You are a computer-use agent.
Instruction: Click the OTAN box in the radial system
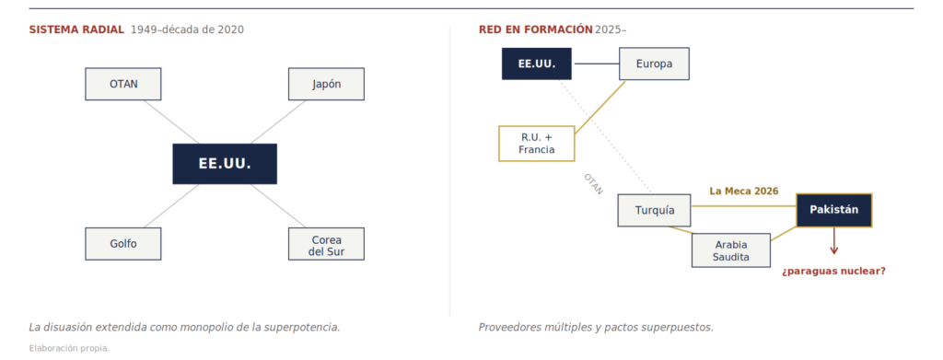click(x=123, y=84)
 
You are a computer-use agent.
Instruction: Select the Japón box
click(x=326, y=84)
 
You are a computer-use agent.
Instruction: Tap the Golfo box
click(x=123, y=243)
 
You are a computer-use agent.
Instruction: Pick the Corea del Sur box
click(x=326, y=243)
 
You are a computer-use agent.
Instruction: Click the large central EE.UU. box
click(x=225, y=164)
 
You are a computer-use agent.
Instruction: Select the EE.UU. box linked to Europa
click(x=537, y=64)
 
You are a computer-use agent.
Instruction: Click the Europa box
click(x=655, y=64)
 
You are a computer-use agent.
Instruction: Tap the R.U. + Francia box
click(x=537, y=144)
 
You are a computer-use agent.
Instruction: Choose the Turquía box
click(x=655, y=210)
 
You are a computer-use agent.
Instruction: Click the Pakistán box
click(x=834, y=210)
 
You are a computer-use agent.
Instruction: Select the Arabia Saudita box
click(x=731, y=250)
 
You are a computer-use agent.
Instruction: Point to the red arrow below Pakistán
click(x=834, y=241)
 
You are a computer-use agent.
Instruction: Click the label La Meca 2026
click(x=744, y=192)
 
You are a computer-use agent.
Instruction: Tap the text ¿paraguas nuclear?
click(x=833, y=271)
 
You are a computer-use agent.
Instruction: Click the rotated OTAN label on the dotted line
click(x=593, y=184)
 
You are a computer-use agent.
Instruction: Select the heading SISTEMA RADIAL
click(x=76, y=29)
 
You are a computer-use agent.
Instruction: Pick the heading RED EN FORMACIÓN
click(x=531, y=29)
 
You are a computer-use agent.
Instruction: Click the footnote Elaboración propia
click(x=69, y=348)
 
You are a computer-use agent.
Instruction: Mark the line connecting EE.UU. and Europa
click(x=596, y=64)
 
